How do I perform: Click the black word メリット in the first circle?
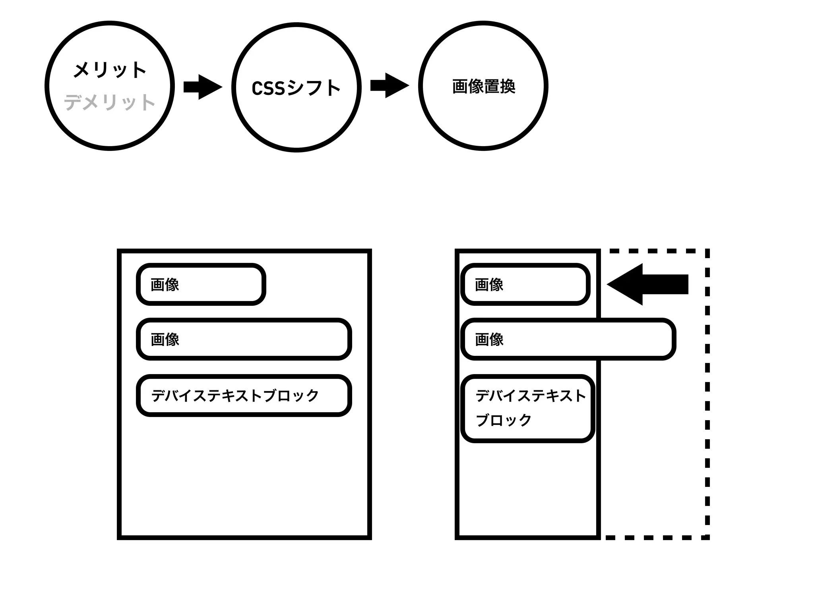[110, 70]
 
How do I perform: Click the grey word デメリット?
[110, 102]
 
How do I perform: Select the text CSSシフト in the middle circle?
[296, 88]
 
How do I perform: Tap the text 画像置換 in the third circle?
[483, 86]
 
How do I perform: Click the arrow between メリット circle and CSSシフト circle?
[202, 87]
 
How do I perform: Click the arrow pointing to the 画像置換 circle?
[389, 85]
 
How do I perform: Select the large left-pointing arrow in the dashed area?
[648, 284]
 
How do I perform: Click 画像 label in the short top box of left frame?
[165, 285]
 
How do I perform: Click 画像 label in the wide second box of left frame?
[165, 340]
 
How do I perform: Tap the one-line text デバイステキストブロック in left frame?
[235, 396]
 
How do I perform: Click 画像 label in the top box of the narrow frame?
[489, 285]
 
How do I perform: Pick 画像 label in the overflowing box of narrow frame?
[489, 340]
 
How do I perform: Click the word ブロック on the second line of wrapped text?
[503, 420]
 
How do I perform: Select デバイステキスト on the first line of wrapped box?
[531, 396]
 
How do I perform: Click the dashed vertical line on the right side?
[707, 397]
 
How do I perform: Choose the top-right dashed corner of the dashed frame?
[707, 251]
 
